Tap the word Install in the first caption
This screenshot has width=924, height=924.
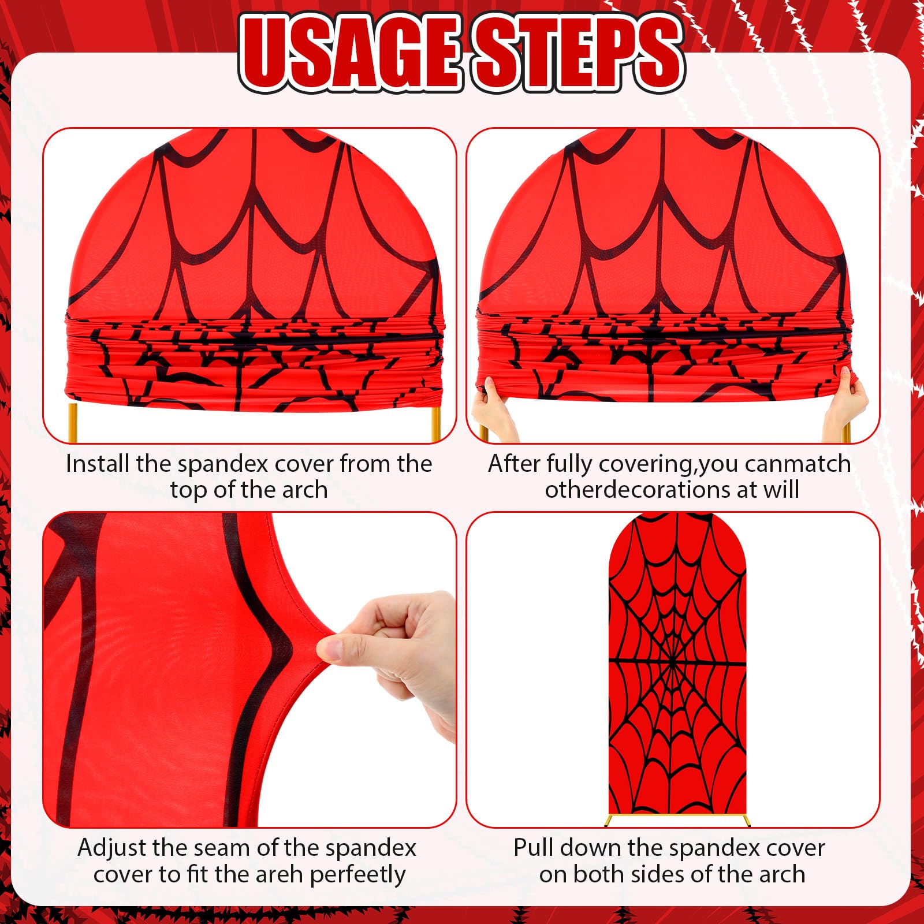coord(98,464)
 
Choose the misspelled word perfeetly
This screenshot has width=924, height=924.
coord(358,875)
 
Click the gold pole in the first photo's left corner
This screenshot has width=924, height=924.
coord(73,423)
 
